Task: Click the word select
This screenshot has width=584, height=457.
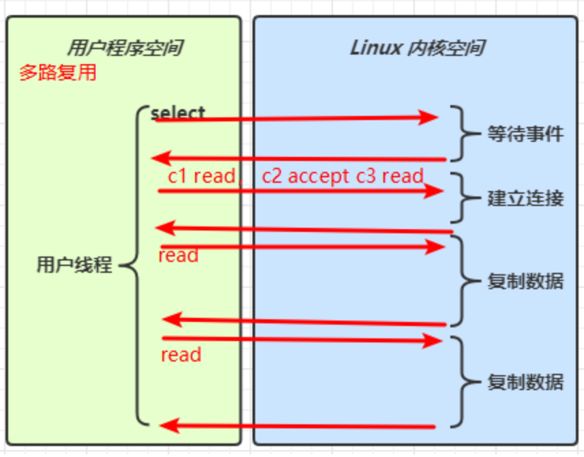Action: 178,113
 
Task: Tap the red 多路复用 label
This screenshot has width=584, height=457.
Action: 57,73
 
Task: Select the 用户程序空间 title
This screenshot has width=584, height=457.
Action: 124,48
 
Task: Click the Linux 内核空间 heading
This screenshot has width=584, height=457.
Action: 417,48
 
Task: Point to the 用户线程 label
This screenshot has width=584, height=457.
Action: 74,265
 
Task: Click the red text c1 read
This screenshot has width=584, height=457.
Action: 201,176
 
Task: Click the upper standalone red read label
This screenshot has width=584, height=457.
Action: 178,256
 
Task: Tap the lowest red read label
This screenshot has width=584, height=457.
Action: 181,355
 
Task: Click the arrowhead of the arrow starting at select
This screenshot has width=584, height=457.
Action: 428,117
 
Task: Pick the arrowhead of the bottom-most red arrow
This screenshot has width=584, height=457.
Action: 169,427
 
